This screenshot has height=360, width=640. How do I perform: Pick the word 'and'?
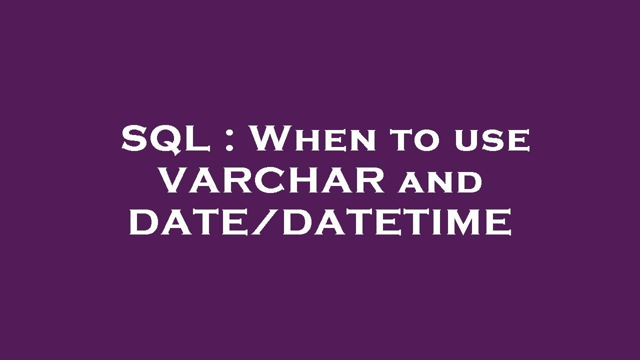440,182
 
